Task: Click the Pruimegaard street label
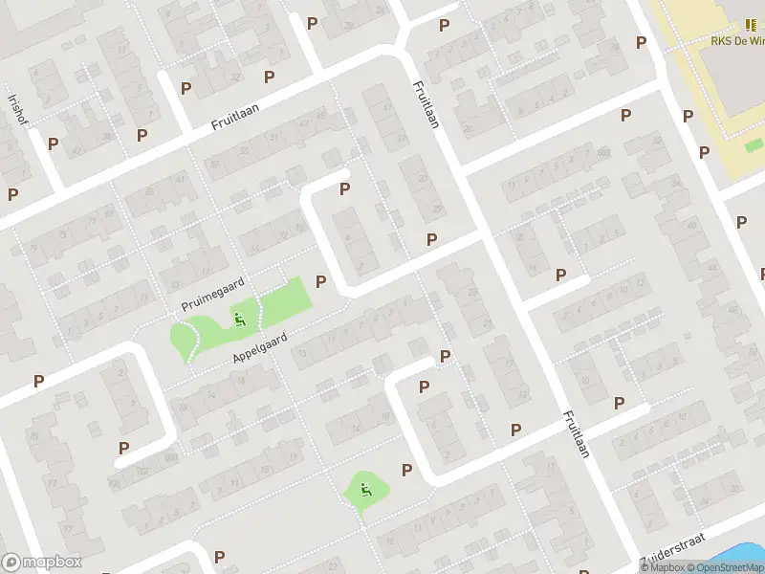pos(213,293)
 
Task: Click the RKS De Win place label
pos(737,41)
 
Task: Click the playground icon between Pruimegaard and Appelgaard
pos(239,319)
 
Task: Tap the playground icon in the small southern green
pos(365,491)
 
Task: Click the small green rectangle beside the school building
pos(754,145)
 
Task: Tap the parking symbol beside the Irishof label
pos(54,143)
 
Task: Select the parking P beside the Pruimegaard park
pos(321,282)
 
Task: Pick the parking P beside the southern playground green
pos(407,470)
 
